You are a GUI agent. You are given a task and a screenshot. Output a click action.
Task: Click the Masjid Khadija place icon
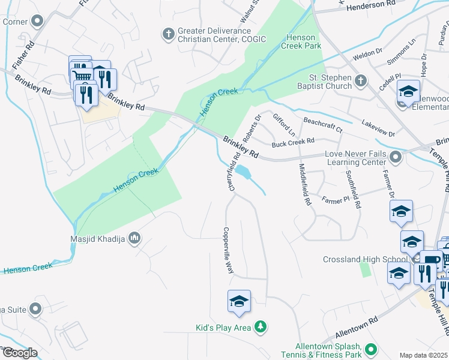(135, 238)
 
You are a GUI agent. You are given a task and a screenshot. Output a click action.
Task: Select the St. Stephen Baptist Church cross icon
(360, 81)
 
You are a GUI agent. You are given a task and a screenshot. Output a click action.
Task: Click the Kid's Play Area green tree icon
(261, 327)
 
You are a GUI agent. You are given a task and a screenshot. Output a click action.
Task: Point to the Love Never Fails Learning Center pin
(395, 158)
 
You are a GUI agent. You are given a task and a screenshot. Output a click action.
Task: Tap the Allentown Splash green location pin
(371, 349)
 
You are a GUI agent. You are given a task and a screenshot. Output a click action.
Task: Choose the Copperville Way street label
(228, 250)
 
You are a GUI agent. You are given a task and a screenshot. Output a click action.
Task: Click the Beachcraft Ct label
(322, 125)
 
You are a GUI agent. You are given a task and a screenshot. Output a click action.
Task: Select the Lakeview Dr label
(378, 128)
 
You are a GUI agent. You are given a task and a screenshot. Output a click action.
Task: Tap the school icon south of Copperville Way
(239, 301)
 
